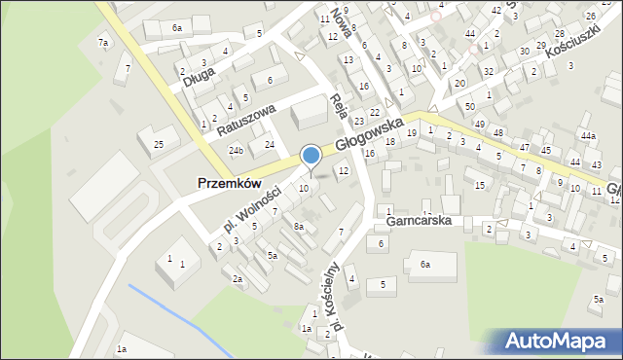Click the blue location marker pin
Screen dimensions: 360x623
[x=311, y=157]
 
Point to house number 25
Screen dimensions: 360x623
[x=159, y=145]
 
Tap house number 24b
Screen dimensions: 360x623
[x=237, y=151]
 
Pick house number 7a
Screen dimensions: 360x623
[x=102, y=43]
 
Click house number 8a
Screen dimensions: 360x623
[x=300, y=226]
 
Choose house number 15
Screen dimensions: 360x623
[x=480, y=184]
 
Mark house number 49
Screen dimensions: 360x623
[x=479, y=124]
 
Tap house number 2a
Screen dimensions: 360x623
[x=237, y=278]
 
